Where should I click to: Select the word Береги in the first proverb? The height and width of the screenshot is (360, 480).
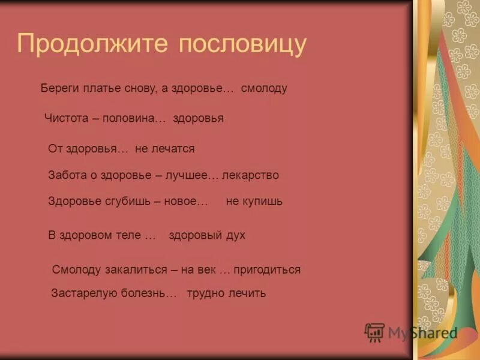58,88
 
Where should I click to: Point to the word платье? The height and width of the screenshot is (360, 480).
97,88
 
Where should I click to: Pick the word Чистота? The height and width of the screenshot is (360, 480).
66,118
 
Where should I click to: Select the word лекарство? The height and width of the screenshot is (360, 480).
250,175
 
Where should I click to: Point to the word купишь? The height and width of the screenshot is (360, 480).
262,202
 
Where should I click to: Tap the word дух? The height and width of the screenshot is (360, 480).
235,235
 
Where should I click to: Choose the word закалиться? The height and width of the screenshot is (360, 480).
136,270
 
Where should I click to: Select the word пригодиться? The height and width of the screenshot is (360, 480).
267,270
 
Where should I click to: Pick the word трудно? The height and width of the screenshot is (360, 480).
203,293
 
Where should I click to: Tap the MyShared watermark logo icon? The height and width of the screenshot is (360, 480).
374,332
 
